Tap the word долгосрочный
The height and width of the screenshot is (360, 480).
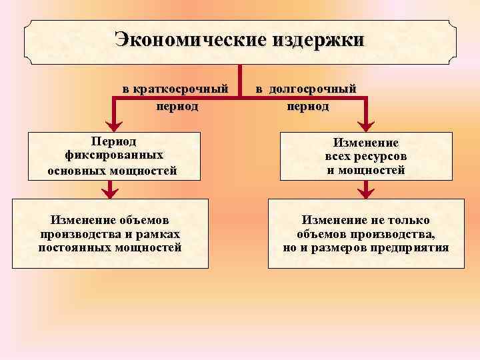click(315, 89)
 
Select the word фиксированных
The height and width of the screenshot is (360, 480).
click(112, 155)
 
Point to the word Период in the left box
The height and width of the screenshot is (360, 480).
click(113, 141)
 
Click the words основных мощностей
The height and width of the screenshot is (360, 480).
click(113, 170)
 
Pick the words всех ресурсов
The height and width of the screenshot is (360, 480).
click(366, 156)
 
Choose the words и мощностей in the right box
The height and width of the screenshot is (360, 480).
click(366, 170)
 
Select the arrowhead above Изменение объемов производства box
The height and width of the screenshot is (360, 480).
click(110, 193)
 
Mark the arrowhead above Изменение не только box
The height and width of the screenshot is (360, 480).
click(365, 193)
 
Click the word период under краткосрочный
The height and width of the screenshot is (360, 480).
click(177, 105)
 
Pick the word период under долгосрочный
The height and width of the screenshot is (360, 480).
click(308, 105)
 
